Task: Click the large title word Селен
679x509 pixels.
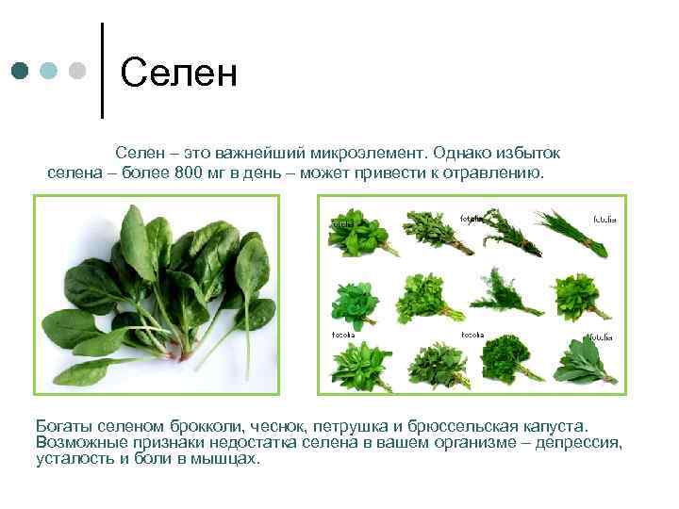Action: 178,72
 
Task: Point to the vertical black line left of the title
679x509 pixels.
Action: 101,71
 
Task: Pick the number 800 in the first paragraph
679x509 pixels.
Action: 190,172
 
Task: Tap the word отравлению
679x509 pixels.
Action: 494,172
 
